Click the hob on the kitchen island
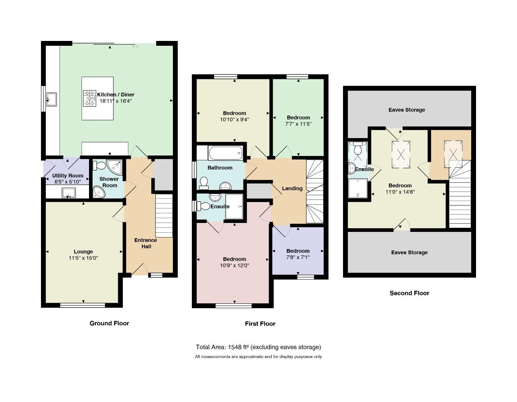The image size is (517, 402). [x=89, y=98]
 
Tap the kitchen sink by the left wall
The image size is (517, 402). [x=52, y=99]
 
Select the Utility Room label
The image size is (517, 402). [x=68, y=176]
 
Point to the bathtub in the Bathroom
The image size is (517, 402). [x=225, y=153]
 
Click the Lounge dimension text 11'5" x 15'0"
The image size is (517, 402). [x=83, y=258]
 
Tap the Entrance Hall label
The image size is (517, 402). [x=146, y=243]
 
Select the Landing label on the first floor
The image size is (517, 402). [x=292, y=188]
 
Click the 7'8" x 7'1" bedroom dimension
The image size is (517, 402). [x=298, y=257]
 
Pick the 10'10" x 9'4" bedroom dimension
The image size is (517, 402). [x=234, y=119]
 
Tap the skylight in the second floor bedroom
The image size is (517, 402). [x=401, y=154]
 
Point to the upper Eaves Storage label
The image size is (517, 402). [x=407, y=110]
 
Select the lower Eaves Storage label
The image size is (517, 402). [x=409, y=252]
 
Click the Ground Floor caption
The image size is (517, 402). [x=109, y=323]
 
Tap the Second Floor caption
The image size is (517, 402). [x=409, y=293]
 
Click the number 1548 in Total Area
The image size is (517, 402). [x=235, y=347]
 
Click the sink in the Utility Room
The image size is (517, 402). [x=69, y=192]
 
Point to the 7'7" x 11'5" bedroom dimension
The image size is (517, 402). [x=298, y=124]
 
